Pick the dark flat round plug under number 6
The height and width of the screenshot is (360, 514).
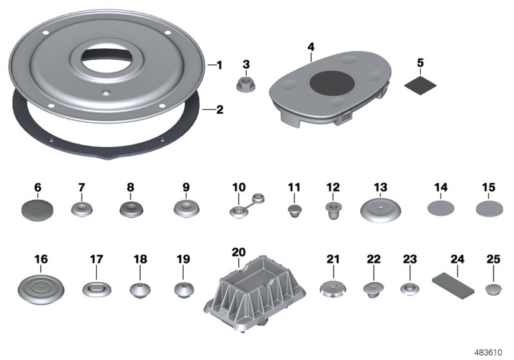37,208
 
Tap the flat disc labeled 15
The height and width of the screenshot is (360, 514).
488,208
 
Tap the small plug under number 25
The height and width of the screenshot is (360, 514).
493,286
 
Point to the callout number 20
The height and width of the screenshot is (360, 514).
238,253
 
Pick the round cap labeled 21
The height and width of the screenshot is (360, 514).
332,287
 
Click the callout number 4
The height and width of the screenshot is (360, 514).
311,48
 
